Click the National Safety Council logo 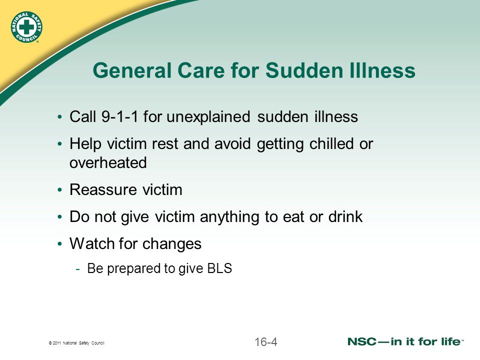(x=26, y=27)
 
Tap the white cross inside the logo (x=26, y=27)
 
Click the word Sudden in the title (x=304, y=70)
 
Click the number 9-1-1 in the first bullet (x=119, y=116)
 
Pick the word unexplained (x=208, y=117)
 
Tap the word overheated (x=108, y=162)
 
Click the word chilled (x=331, y=143)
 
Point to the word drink (x=345, y=216)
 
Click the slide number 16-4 (x=265, y=341)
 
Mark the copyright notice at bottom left (x=76, y=343)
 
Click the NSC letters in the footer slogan (x=362, y=341)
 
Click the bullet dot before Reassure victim (x=59, y=190)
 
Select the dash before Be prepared (x=78, y=269)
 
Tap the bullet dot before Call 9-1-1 (x=59, y=117)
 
